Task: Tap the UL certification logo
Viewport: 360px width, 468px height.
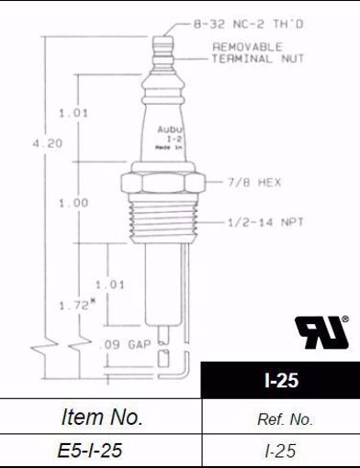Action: [318, 331]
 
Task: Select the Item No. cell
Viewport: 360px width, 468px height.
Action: [101, 418]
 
